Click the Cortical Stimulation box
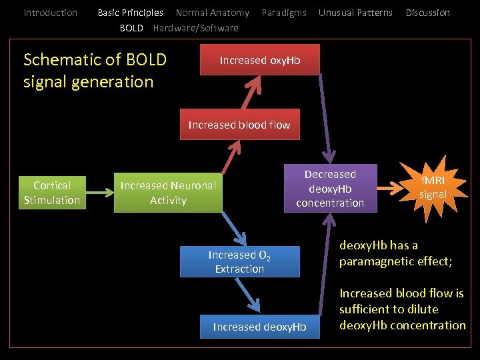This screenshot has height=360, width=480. tap(52, 193)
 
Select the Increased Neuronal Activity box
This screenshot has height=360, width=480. tap(168, 193)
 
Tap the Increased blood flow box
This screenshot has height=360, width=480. tap(239, 125)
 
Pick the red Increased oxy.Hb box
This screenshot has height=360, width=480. tap(260, 60)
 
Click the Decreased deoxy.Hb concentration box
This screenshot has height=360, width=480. tap(330, 188)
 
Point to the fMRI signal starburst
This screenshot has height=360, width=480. tap(432, 187)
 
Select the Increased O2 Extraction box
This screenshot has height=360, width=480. tap(239, 262)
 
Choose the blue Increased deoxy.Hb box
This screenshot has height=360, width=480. tap(259, 326)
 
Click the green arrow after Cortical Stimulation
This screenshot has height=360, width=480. tap(100, 193)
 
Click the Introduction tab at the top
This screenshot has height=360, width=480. tap(50, 13)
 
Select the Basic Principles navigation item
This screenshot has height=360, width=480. tap(130, 13)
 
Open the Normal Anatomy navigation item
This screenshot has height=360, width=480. tap(212, 13)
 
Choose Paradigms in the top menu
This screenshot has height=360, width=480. tap(284, 13)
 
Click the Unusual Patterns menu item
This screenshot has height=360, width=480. tap(355, 13)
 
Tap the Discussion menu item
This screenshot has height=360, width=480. tap(427, 13)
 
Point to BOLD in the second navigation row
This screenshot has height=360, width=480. tap(131, 28)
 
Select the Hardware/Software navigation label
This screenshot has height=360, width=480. tap(195, 28)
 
